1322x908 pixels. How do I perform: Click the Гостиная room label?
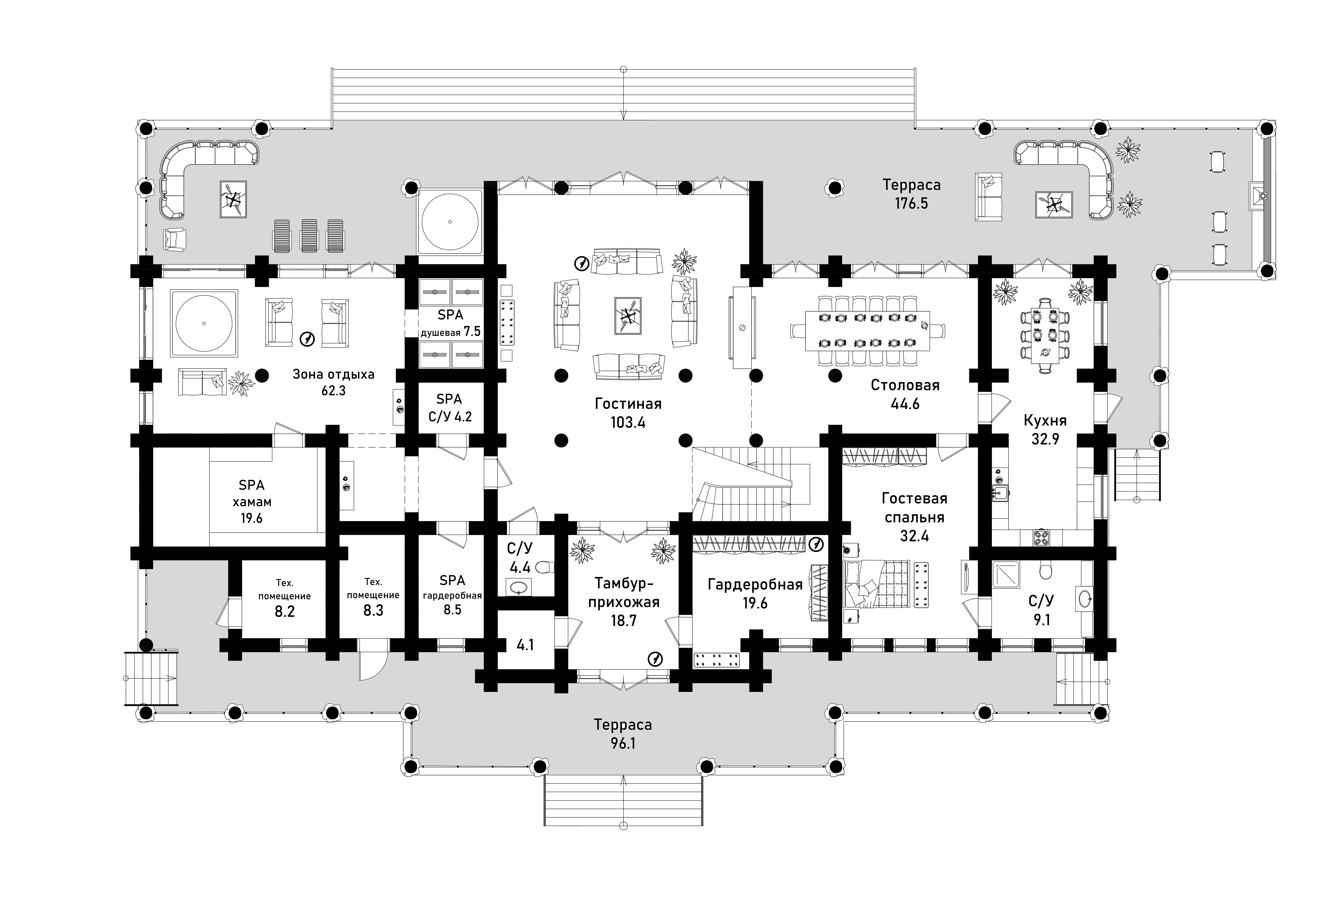628,404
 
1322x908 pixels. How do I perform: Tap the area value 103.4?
628,423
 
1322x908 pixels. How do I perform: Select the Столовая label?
905,385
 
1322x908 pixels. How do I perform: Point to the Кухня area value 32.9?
1045,439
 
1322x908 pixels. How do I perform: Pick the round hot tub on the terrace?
450,221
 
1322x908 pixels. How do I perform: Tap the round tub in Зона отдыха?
204,323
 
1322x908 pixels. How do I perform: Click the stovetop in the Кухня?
1041,538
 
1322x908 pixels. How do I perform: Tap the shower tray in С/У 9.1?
1006,575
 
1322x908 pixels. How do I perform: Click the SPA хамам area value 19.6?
251,518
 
